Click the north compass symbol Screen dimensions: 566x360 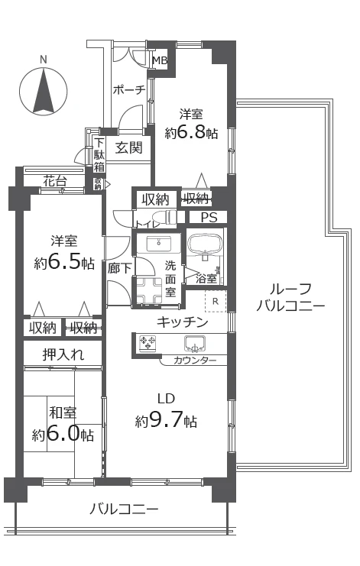44,89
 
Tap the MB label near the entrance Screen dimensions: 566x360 159,61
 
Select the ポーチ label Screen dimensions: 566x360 128,90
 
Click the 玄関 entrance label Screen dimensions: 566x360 128,147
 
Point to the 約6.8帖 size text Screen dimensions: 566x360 191,133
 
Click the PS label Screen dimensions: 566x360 209,218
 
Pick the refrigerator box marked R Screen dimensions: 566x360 216,300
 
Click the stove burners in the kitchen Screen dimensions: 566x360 148,344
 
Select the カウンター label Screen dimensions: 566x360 195,360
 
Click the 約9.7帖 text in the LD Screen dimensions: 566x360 166,421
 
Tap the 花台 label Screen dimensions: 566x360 54,181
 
